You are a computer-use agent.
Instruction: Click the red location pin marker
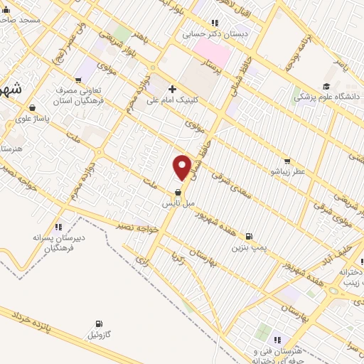[182, 167]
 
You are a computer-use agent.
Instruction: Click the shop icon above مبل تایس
[177, 193]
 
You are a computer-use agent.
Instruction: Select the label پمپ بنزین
[248, 248]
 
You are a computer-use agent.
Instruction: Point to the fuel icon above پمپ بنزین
[248, 237]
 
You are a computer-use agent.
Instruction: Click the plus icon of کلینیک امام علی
[173, 90]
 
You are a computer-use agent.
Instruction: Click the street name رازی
[142, 262]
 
